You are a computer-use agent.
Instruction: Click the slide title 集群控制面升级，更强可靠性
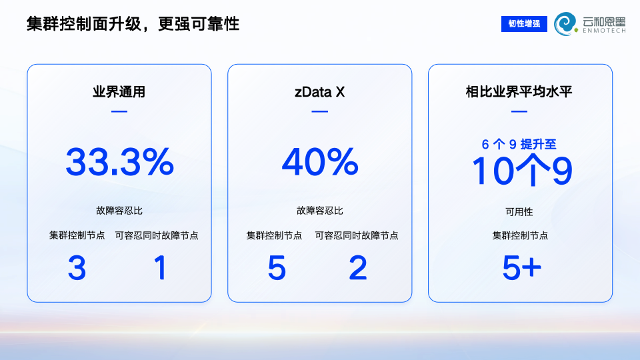(x=133, y=24)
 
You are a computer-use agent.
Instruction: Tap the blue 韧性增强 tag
(x=524, y=24)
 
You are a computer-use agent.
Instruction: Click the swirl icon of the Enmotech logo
(x=566, y=24)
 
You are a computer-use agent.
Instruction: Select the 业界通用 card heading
(x=119, y=92)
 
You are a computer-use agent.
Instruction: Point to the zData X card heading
(x=319, y=92)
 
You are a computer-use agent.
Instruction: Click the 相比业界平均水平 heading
(x=519, y=92)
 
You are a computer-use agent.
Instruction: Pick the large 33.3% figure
(x=119, y=162)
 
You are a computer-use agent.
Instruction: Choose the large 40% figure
(x=320, y=162)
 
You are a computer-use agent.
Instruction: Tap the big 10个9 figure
(x=521, y=171)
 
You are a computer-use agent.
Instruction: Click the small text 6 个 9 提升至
(x=519, y=144)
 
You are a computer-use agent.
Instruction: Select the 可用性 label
(x=519, y=212)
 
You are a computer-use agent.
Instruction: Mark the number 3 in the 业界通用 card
(x=77, y=268)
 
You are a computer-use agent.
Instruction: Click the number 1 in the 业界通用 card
(x=160, y=268)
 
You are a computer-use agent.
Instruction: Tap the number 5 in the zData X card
(x=277, y=268)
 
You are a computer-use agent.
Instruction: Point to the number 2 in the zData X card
(x=358, y=268)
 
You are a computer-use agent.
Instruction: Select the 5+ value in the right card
(x=521, y=268)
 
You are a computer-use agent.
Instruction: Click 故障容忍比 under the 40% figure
(x=319, y=211)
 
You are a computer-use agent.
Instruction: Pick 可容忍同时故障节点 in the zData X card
(x=356, y=235)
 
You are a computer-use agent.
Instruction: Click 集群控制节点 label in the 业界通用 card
(x=77, y=235)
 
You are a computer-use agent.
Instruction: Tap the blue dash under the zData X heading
(x=319, y=111)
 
